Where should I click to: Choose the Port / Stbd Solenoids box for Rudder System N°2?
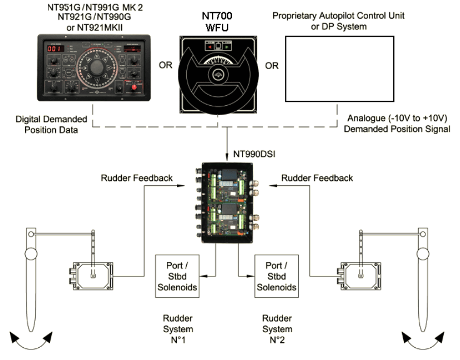(x=276, y=276)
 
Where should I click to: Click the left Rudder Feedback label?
(x=136, y=178)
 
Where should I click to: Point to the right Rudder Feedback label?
(x=316, y=178)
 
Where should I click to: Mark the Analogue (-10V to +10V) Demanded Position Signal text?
(x=397, y=124)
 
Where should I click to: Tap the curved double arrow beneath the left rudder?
(x=31, y=339)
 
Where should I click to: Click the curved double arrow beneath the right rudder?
(x=424, y=339)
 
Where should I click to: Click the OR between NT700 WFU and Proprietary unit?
(x=271, y=66)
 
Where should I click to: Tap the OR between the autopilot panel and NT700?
(x=166, y=66)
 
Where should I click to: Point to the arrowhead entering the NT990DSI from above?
(x=228, y=157)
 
